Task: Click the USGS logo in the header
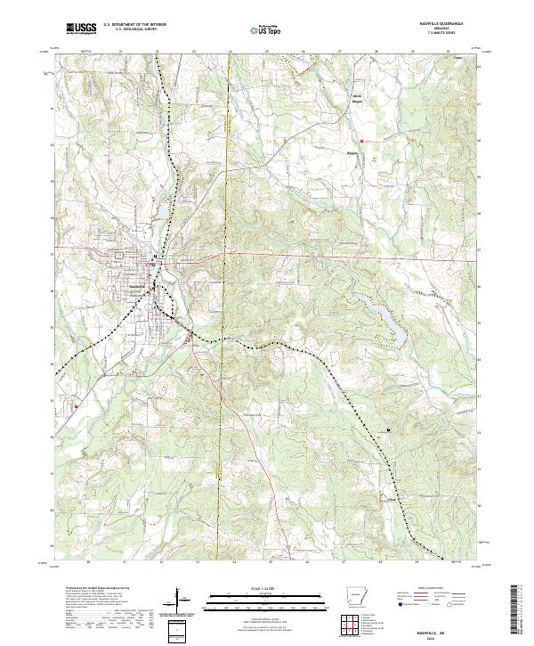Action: click(80, 29)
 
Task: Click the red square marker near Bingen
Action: click(362, 140)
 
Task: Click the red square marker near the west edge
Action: click(77, 406)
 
